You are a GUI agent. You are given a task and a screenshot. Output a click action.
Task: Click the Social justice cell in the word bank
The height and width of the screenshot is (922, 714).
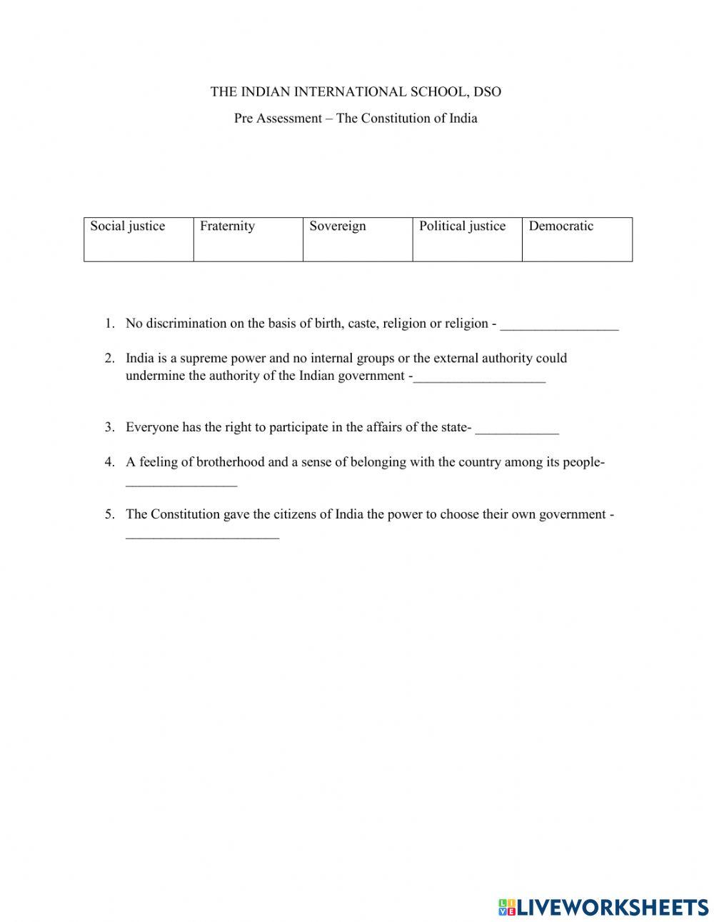[139, 239]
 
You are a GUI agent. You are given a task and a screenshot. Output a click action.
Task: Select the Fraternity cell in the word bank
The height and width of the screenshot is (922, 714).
[248, 239]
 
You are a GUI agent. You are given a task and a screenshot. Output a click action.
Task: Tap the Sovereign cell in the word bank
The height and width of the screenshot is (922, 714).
[358, 239]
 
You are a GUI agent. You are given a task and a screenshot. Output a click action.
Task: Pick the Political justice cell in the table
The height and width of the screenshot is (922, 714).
[467, 239]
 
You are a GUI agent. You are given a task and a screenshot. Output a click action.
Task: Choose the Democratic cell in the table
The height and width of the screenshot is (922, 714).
[577, 239]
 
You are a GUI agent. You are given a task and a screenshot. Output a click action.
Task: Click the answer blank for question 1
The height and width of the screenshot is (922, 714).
[559, 325]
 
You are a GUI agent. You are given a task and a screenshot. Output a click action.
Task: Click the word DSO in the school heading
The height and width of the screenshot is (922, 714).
[488, 91]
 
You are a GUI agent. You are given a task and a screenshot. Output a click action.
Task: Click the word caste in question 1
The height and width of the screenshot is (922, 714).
[362, 324]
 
